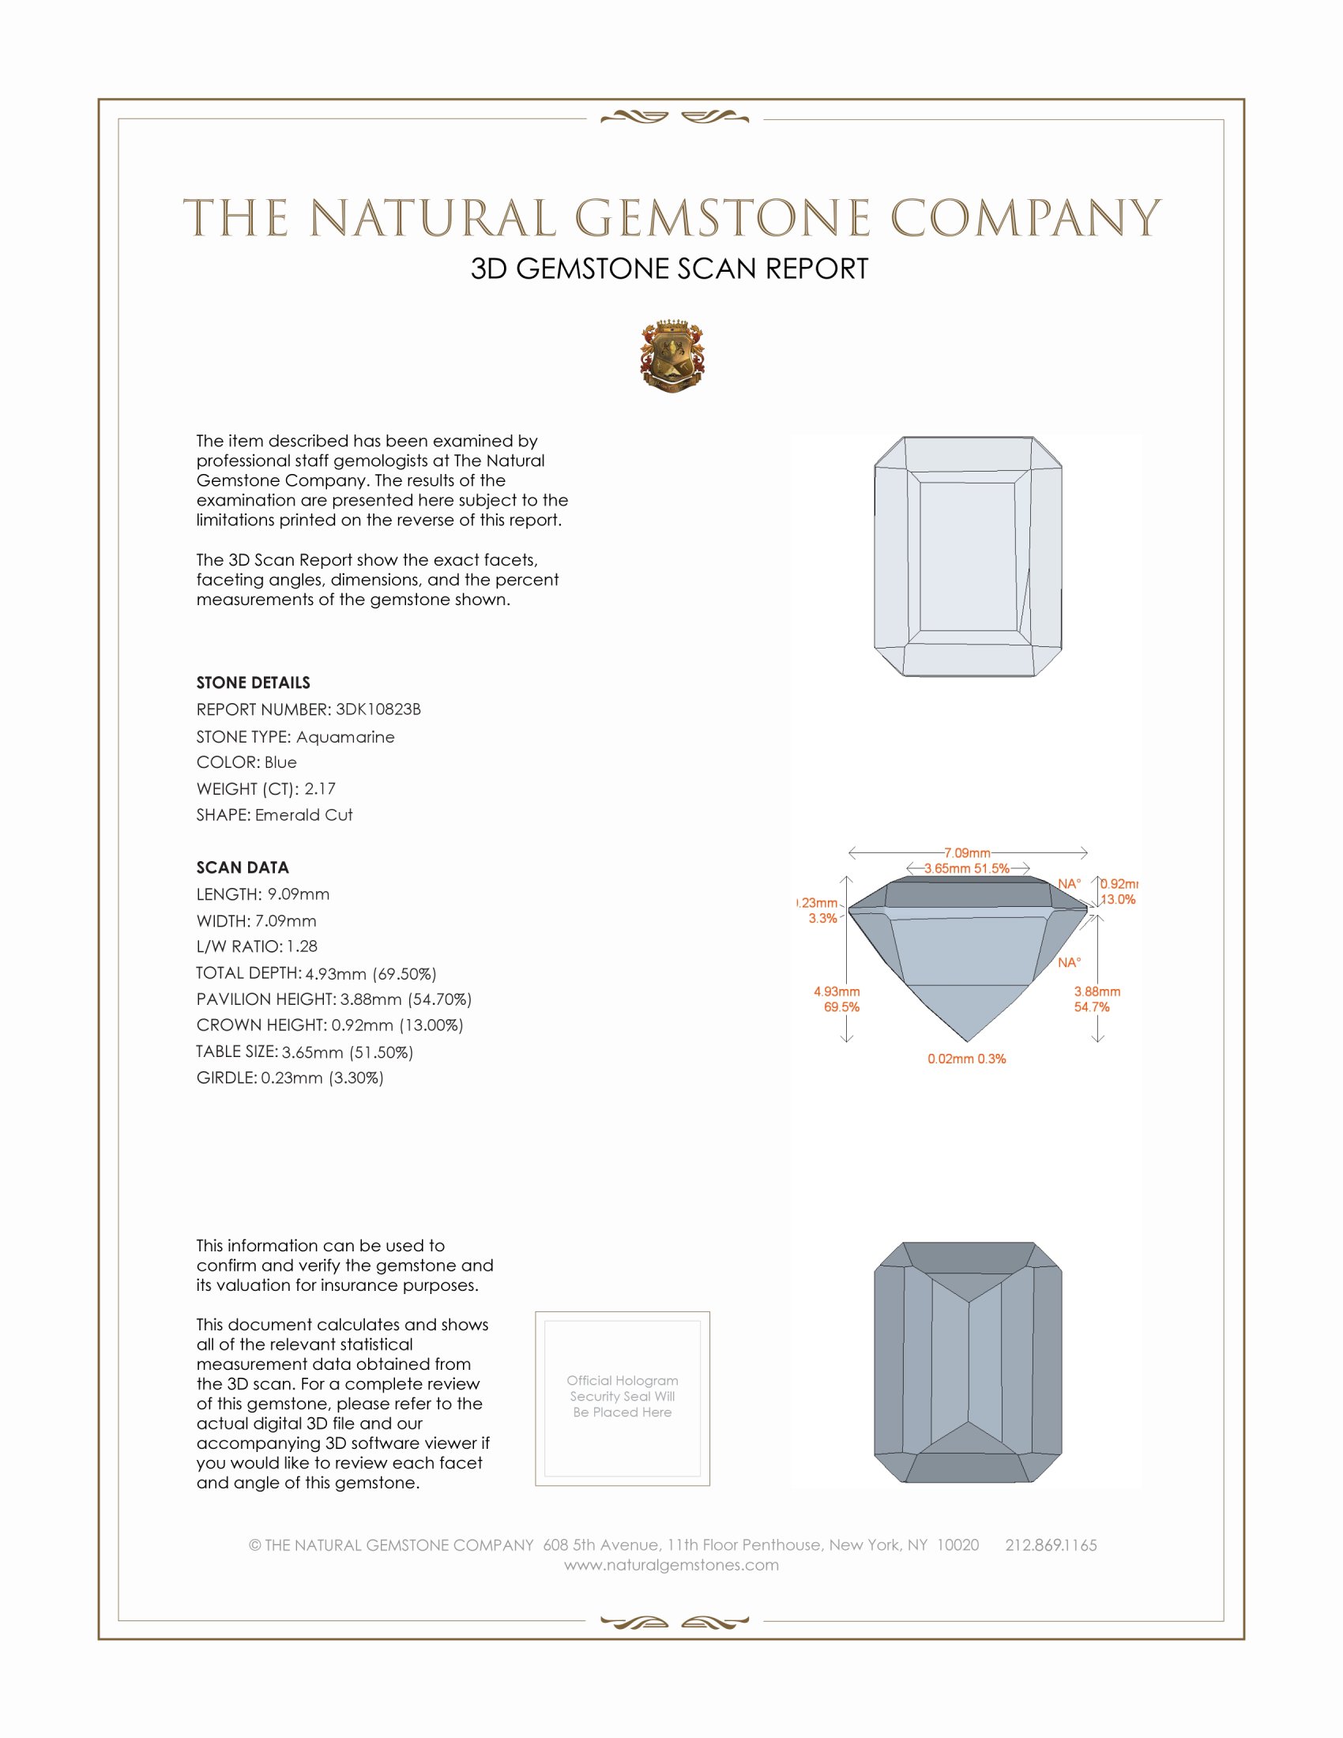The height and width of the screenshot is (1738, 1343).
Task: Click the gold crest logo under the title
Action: coord(672,356)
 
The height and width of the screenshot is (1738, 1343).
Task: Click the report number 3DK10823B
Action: coord(378,709)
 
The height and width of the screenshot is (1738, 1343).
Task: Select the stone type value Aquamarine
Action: coord(345,737)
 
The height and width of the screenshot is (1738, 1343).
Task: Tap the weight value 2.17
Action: coord(320,788)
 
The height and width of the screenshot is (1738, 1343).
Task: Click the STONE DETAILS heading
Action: coord(253,683)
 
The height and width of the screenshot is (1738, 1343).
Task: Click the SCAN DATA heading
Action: coord(243,867)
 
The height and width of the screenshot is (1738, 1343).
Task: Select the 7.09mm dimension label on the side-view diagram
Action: coord(967,853)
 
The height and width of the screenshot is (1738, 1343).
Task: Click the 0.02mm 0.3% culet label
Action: coord(967,1059)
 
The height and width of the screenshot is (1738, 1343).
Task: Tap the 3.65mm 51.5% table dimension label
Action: coord(967,868)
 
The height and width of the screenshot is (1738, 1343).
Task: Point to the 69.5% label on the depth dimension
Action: coord(841,1006)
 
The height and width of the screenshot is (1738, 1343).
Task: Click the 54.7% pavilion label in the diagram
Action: coord(1092,1006)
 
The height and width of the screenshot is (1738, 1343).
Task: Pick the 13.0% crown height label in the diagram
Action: coord(1118,899)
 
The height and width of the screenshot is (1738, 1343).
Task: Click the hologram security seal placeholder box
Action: coord(623,1398)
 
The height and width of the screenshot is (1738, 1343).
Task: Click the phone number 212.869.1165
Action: coord(1051,1544)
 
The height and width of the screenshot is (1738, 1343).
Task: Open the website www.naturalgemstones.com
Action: coord(671,1564)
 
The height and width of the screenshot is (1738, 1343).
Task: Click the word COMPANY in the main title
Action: coord(1025,218)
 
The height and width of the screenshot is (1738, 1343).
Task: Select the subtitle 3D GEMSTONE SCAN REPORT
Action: coord(669,269)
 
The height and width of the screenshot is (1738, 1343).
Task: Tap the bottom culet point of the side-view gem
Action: coord(968,1040)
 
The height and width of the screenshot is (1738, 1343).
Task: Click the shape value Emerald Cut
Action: coord(304,815)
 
